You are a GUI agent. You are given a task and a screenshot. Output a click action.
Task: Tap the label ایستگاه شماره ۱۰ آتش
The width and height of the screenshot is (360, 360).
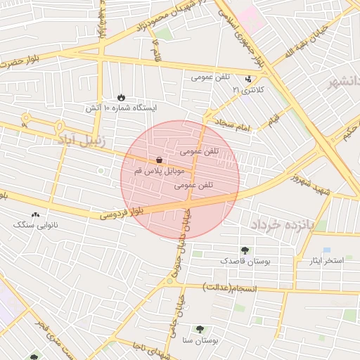coord(122,108)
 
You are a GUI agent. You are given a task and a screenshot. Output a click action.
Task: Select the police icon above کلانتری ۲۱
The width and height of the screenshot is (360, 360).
coord(248,79)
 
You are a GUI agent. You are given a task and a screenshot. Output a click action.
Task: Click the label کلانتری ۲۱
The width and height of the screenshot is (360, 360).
coord(240,90)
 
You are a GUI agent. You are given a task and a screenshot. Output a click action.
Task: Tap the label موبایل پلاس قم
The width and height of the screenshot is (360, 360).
coord(159,171)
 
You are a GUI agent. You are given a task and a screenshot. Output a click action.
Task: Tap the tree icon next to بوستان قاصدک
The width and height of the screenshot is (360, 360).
coord(245,250)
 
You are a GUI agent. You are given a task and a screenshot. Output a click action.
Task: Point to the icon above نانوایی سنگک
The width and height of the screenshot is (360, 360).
coord(36,214)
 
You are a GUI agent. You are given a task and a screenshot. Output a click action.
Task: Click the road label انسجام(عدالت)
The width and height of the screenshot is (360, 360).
coord(230,287)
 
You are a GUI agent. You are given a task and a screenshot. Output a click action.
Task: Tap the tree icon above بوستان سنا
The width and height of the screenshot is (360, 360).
coord(200,329)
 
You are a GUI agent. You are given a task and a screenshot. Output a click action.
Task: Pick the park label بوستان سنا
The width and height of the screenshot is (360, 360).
coord(200,340)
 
